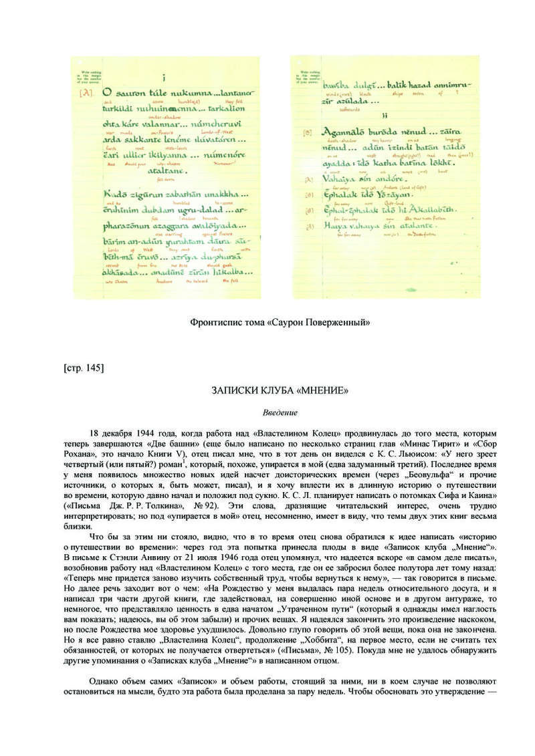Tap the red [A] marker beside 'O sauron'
click(86, 93)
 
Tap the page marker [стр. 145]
click(84, 367)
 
